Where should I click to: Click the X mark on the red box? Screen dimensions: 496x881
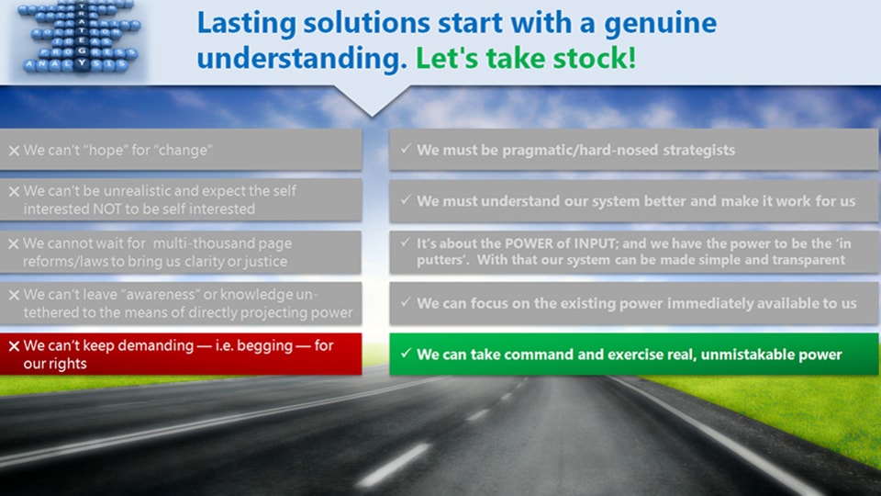14,347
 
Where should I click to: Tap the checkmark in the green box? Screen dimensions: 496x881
406,354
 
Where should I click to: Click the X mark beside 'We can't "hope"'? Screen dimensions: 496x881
14,151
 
